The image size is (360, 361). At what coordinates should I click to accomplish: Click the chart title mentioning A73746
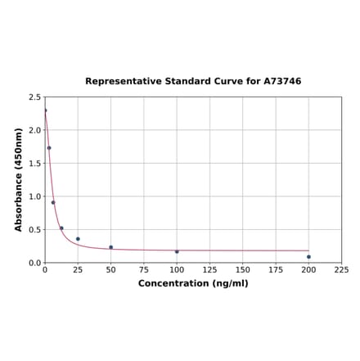point(193,82)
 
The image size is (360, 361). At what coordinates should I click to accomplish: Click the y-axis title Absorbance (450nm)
point(19,179)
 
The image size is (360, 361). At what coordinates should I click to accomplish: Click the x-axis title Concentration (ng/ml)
point(193,283)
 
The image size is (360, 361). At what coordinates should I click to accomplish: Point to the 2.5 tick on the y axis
point(35,97)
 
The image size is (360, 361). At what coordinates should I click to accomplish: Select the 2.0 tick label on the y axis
point(35,130)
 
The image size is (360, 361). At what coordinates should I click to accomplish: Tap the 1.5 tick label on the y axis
point(35,164)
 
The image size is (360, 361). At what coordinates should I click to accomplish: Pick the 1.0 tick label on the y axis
point(35,196)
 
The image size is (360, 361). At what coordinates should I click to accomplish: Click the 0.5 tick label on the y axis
point(35,230)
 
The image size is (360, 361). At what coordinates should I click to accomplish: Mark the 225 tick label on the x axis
point(341,269)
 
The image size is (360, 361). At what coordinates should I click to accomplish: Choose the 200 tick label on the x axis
point(308,269)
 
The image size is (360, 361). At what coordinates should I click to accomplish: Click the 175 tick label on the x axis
point(276,269)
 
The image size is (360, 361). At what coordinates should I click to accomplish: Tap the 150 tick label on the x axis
point(243,269)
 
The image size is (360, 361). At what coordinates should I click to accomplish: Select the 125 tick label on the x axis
point(209,269)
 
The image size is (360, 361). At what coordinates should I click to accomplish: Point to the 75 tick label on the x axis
point(144,269)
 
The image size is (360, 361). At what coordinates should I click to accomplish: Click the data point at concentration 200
point(308,257)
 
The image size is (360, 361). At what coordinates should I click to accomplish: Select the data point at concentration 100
point(177,251)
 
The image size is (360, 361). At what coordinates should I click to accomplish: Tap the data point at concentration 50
point(111,247)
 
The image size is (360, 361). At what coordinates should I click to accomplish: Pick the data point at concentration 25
point(78,239)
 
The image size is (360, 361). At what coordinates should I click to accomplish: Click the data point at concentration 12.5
point(61,228)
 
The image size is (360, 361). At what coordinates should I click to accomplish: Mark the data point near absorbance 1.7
point(49,148)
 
